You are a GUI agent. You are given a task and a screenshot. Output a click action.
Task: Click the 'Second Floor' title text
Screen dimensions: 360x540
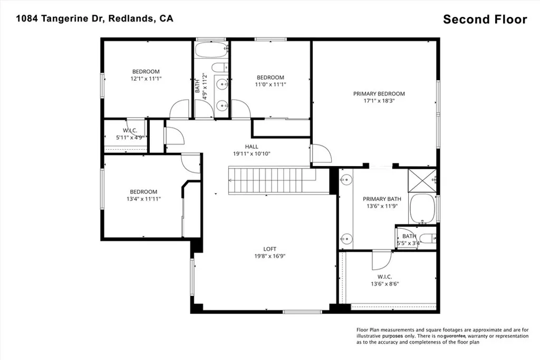485,20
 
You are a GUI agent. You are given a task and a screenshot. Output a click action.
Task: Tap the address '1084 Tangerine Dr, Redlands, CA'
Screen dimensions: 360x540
94,18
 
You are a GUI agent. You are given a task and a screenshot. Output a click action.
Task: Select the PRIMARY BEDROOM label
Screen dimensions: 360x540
379,94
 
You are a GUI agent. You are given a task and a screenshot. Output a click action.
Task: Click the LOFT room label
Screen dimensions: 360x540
270,249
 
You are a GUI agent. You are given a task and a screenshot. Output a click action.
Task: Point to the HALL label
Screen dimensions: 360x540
252,147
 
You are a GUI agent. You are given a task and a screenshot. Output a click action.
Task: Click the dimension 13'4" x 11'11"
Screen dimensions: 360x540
143,199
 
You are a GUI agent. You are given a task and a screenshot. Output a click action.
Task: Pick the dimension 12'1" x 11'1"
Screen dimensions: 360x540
146,79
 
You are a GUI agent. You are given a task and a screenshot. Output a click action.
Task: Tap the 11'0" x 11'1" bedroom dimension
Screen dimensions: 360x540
270,84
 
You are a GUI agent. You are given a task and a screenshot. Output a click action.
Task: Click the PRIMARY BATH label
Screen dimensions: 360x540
382,199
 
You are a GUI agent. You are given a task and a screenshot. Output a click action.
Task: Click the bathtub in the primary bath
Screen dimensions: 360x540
422,208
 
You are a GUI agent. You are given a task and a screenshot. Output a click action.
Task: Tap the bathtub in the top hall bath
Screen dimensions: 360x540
211,51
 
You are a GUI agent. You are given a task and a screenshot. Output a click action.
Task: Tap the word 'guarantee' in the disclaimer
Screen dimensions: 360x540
454,336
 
